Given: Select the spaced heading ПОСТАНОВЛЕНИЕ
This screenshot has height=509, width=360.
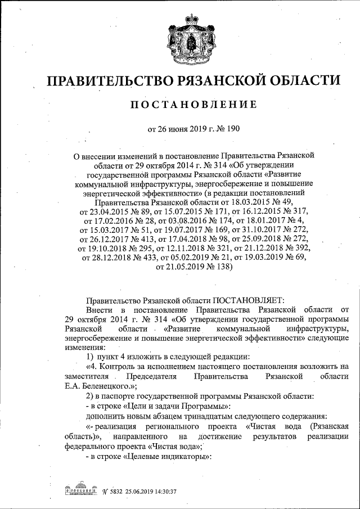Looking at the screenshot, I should [193, 105].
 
